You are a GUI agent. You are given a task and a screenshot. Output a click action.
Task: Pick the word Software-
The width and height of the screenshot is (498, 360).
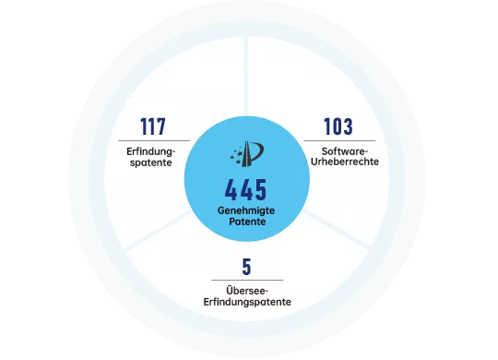click(345, 150)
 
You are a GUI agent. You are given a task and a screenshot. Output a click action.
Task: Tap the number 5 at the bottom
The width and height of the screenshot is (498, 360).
click(246, 267)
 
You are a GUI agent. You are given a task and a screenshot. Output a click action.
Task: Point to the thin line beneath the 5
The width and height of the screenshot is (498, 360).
click(246, 279)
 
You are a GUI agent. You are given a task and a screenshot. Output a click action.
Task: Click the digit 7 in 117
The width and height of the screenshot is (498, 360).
click(167, 126)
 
